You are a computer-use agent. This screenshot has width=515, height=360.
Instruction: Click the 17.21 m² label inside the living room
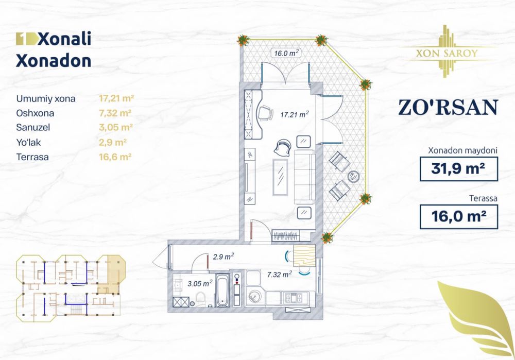(x=294, y=114)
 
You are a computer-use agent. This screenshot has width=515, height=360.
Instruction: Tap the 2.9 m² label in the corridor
(x=223, y=256)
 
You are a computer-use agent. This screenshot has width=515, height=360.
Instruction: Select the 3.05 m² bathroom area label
(x=200, y=283)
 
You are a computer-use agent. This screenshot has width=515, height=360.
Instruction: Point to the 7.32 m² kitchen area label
(x=280, y=274)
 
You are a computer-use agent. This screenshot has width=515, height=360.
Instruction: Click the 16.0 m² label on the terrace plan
(x=286, y=53)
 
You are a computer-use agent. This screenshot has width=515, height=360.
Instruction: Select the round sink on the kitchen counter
(x=254, y=297)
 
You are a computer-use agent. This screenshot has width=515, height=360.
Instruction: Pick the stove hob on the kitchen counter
(x=294, y=298)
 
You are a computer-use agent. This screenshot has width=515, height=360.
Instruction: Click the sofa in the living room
(x=304, y=177)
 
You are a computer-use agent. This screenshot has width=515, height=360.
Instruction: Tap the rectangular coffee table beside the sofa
(x=280, y=177)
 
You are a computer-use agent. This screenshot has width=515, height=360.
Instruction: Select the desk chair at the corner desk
(x=266, y=113)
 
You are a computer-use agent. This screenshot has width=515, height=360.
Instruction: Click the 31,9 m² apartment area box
(x=459, y=169)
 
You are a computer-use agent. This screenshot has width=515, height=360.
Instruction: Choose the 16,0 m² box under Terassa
(x=459, y=217)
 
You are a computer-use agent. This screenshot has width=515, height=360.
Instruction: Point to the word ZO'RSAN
(x=449, y=108)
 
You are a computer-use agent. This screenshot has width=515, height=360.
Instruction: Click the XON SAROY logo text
(x=447, y=53)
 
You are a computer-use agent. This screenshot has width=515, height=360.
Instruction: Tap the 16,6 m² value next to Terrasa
(x=115, y=157)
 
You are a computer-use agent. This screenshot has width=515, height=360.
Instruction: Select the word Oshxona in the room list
(x=35, y=113)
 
